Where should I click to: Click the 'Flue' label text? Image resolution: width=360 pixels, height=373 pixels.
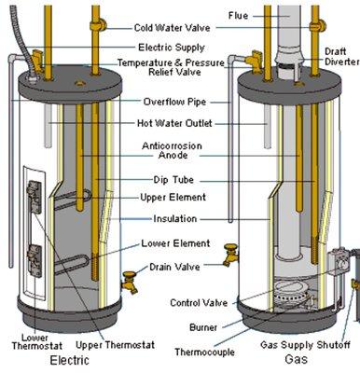[239, 15]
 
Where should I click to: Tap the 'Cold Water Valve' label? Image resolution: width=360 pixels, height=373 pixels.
[173, 28]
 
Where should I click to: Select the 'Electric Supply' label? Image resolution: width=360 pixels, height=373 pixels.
[172, 48]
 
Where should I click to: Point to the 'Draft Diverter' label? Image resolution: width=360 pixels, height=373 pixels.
[341, 56]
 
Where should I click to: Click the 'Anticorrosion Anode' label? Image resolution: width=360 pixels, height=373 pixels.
[172, 150]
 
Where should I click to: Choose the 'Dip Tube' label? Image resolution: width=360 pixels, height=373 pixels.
[173, 180]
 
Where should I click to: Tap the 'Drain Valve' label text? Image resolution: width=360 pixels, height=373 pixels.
[174, 267]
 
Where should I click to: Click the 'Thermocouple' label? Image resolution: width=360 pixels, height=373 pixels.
[204, 352]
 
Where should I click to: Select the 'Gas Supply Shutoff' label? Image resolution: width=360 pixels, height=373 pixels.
[305, 345]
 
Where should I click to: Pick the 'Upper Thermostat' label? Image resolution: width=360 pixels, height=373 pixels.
[115, 345]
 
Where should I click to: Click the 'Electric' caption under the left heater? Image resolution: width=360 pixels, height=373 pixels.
[70, 360]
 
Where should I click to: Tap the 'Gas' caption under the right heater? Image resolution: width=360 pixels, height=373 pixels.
[297, 359]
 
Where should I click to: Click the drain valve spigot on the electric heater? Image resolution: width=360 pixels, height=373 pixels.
[130, 283]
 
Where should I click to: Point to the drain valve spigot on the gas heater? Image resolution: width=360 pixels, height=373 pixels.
[230, 255]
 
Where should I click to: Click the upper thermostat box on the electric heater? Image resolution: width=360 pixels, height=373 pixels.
[34, 197]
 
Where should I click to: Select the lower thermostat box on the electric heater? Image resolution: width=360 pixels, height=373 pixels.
[35, 261]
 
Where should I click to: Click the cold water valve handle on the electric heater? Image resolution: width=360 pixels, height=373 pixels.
[100, 25]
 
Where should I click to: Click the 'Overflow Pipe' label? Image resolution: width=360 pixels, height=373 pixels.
[174, 102]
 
